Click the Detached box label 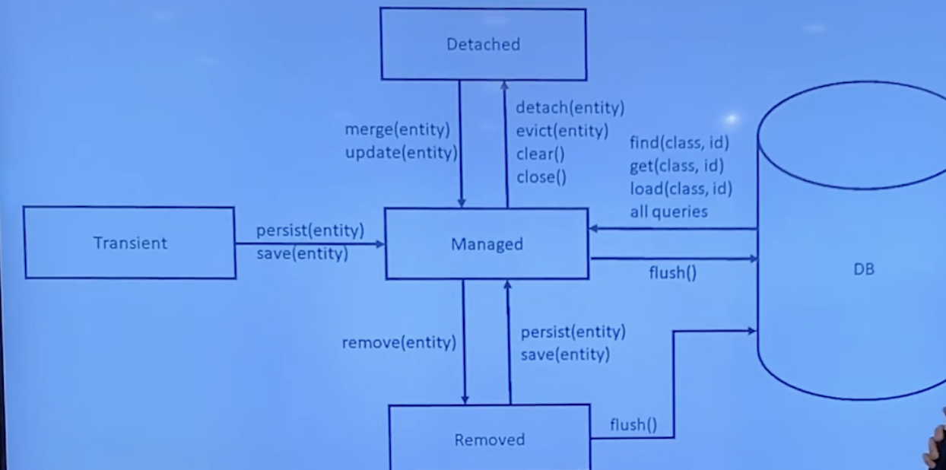(x=483, y=44)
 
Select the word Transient (x=130, y=243)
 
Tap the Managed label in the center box (x=487, y=244)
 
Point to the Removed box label (x=489, y=440)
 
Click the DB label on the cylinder (x=864, y=269)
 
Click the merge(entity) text (x=397, y=129)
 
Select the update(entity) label (x=401, y=152)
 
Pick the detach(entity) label (x=570, y=107)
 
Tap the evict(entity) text (x=562, y=131)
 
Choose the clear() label (x=541, y=154)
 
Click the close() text (x=541, y=178)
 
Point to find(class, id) (x=680, y=142)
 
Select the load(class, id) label (x=681, y=188)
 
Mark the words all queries (x=668, y=211)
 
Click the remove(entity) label (x=398, y=343)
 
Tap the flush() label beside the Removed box (x=633, y=424)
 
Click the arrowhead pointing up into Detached (x=504, y=85)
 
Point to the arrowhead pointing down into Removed (x=465, y=399)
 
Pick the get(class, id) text (x=676, y=165)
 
